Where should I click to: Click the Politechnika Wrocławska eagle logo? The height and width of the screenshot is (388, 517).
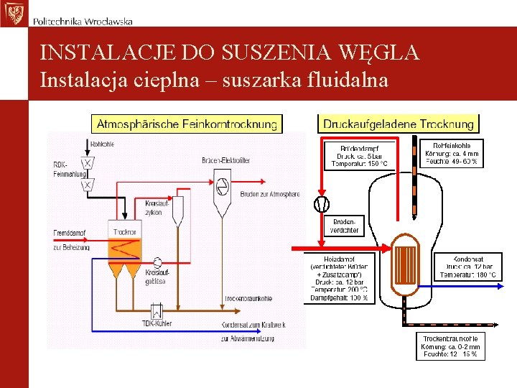(13, 13)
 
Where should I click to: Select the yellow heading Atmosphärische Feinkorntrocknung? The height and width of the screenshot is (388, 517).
(187, 124)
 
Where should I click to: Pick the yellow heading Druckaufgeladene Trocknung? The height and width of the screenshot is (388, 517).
(399, 124)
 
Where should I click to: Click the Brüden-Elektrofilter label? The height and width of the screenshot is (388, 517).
(226, 160)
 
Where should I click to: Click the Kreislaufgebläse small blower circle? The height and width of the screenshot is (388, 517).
(157, 260)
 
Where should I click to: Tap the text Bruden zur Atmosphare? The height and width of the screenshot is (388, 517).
(270, 195)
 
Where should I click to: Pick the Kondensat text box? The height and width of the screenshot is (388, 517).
(468, 267)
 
